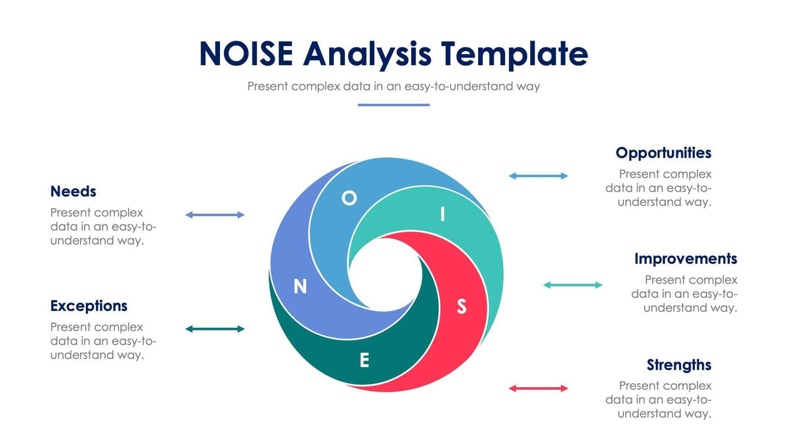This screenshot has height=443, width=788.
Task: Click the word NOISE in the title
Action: [247, 54]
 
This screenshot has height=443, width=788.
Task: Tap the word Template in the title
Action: [514, 54]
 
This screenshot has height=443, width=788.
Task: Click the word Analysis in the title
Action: [368, 54]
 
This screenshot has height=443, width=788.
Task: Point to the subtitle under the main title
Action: [393, 86]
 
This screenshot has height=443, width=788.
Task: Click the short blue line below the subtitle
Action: [393, 104]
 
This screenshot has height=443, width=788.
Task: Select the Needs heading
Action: [73, 192]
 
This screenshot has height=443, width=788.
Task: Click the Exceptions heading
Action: [89, 306]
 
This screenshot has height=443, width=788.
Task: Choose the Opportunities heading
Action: [663, 153]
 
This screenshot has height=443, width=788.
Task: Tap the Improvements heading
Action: [686, 259]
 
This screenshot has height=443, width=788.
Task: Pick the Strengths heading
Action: [678, 365]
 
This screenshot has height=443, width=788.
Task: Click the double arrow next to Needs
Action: [215, 215]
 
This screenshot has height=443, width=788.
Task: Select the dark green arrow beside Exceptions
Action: [215, 329]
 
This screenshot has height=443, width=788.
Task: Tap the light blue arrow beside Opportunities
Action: [538, 176]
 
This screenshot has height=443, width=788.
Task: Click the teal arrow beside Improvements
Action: [573, 285]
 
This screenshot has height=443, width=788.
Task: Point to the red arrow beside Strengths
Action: [538, 389]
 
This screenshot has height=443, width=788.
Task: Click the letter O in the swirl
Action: [349, 198]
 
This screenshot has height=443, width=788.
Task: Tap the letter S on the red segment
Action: [462, 306]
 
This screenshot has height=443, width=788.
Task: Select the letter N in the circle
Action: [300, 287]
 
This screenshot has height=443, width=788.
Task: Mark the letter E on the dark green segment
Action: [364, 360]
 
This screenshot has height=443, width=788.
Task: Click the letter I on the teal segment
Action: [443, 215]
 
